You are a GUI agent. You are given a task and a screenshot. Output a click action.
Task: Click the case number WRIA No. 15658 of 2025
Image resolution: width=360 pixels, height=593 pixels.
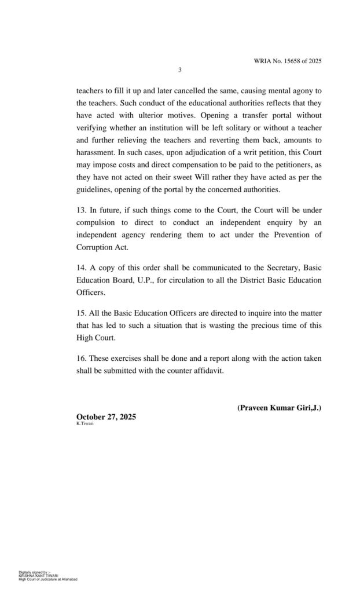287,61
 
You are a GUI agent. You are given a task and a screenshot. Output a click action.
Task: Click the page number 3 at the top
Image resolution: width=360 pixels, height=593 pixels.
179,70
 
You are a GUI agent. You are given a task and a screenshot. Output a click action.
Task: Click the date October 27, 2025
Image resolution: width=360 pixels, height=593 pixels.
106,417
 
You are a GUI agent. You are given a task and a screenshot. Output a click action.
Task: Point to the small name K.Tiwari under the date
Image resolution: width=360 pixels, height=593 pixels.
85,424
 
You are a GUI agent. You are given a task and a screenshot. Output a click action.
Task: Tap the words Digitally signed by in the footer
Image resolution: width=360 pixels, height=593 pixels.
34,572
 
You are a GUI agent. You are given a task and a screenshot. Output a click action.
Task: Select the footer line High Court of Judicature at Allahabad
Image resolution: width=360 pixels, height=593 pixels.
48,579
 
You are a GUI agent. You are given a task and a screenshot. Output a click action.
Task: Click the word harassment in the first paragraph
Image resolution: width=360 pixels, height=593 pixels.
95,153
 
